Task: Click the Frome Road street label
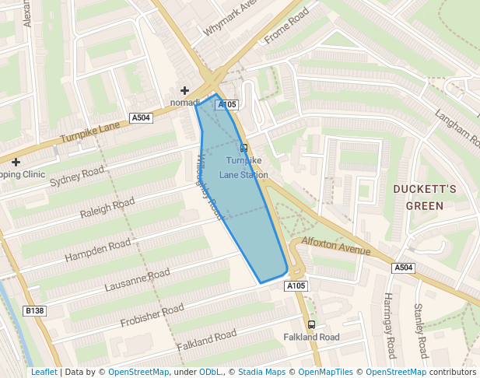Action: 286,25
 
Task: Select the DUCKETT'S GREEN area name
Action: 424,198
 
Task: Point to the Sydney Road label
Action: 76,177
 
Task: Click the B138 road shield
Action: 34,311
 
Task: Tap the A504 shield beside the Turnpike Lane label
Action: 141,117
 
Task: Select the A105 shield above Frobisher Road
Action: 296,286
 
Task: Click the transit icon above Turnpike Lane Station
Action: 244,147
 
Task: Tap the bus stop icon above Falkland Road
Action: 311,324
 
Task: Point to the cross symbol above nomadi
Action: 184,91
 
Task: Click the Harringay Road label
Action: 390,326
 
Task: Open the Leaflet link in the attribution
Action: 44,372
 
